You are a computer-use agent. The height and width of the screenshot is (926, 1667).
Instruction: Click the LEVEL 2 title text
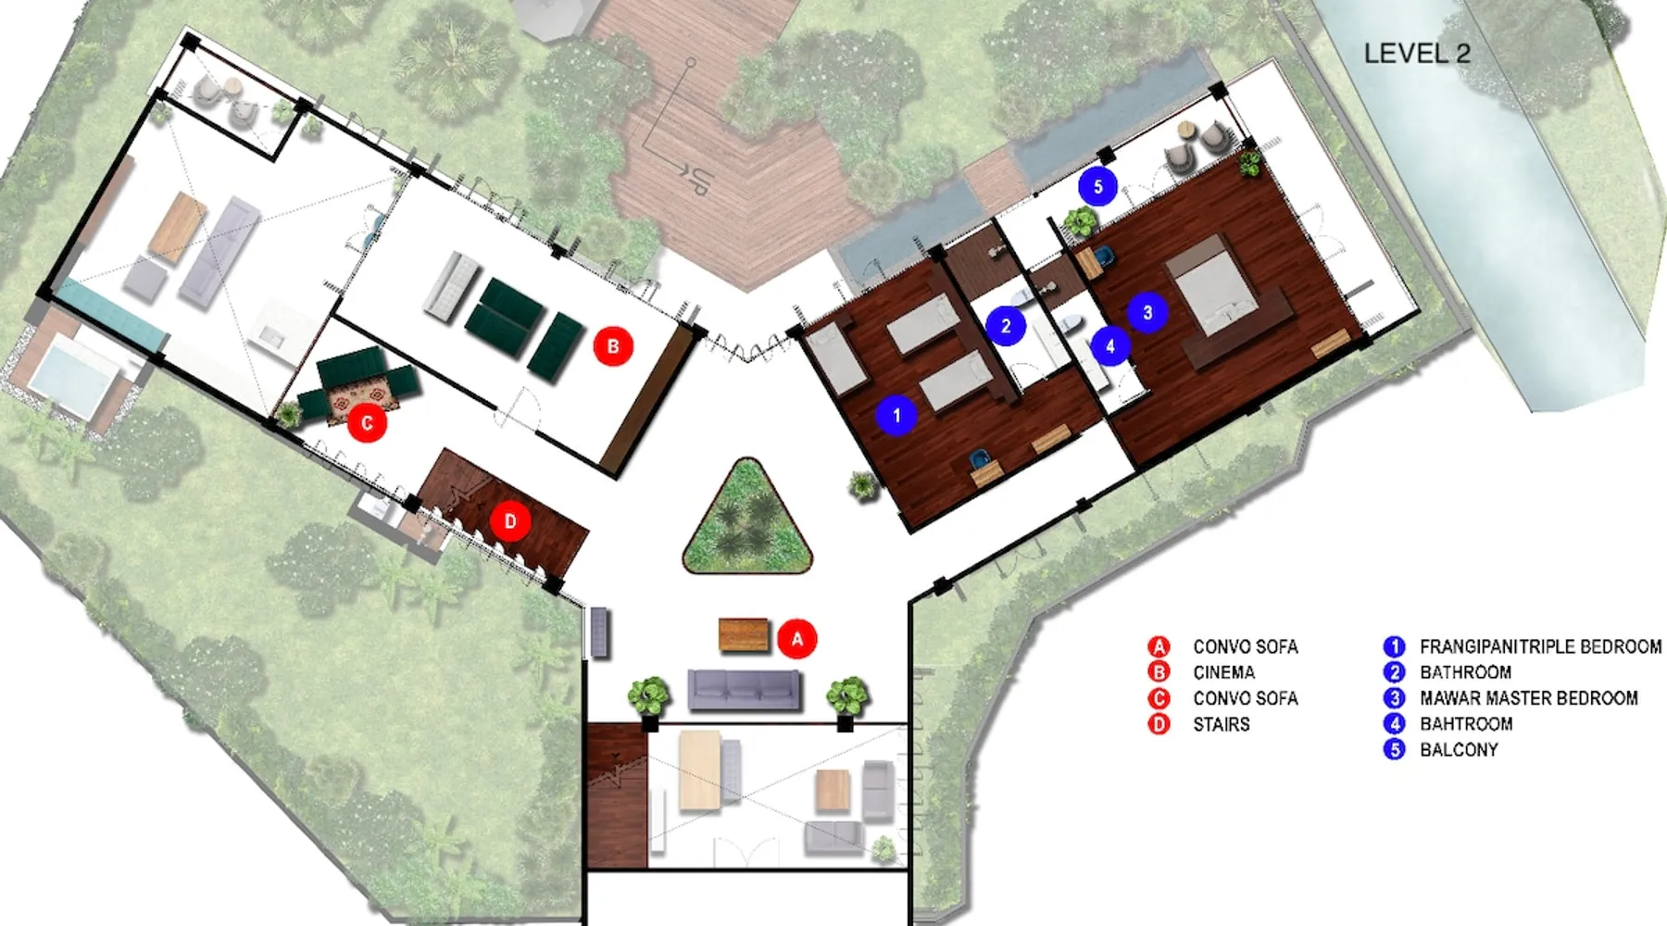[1417, 54]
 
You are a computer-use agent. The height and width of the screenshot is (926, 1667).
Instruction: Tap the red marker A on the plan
[797, 638]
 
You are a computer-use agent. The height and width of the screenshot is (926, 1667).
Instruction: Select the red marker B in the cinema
[613, 346]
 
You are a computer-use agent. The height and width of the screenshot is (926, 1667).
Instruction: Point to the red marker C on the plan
[368, 423]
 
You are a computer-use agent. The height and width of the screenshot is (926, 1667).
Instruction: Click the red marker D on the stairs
[510, 521]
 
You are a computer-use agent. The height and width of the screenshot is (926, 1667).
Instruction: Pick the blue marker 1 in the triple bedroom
[896, 415]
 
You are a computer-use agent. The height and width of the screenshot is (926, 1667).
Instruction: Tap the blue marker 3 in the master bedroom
[1147, 312]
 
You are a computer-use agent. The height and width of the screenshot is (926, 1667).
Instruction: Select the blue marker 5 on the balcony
[1098, 187]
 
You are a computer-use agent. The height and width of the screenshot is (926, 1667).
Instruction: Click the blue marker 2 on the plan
[1006, 326]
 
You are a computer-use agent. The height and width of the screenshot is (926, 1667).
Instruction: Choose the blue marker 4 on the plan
[1110, 346]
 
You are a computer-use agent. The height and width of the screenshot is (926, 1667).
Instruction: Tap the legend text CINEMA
[1223, 672]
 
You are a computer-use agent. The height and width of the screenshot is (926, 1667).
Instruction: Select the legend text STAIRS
[1222, 724]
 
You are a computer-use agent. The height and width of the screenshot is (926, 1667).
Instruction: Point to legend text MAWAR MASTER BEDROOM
[1528, 698]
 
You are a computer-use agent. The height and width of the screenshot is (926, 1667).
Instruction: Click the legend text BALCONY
[1459, 750]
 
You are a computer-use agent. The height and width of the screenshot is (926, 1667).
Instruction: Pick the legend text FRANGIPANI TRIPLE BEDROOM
[1540, 646]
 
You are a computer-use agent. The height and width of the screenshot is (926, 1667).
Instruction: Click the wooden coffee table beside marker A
[744, 635]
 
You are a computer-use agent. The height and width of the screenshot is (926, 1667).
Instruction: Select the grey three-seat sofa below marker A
[745, 690]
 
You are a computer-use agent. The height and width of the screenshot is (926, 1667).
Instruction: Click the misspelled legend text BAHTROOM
[1466, 724]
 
